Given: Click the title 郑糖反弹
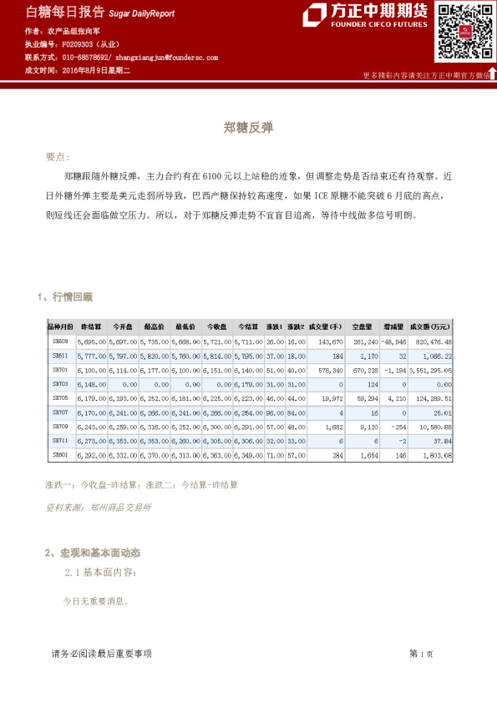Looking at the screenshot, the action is pyautogui.click(x=248, y=129).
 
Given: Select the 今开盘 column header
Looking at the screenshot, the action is pyautogui.click(x=123, y=326).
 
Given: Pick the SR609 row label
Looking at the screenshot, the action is pyautogui.click(x=60, y=341).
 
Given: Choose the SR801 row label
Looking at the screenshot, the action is pyautogui.click(x=60, y=455).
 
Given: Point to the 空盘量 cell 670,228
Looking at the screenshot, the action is pyautogui.click(x=365, y=370).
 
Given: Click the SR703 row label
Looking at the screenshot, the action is pyautogui.click(x=60, y=384).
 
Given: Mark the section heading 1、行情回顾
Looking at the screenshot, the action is pyautogui.click(x=65, y=296).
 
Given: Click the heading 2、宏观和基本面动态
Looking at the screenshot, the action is pyautogui.click(x=92, y=553).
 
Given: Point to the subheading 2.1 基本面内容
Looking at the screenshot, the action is pyautogui.click(x=98, y=573).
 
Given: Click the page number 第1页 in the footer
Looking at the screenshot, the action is pyautogui.click(x=420, y=654).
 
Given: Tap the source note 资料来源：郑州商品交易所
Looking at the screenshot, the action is pyautogui.click(x=98, y=507).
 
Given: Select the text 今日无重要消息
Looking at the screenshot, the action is pyautogui.click(x=96, y=600).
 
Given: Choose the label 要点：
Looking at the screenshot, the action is pyautogui.click(x=58, y=157).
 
